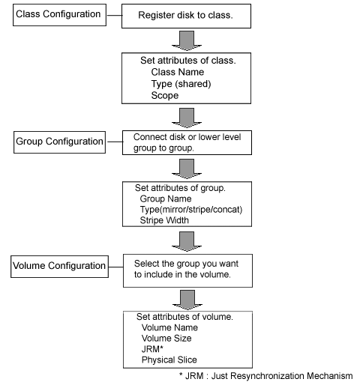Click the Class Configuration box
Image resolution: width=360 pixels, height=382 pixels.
coord(59,15)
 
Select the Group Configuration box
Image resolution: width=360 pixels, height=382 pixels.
coord(59,142)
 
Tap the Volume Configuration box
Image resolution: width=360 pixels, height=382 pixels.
coord(59,267)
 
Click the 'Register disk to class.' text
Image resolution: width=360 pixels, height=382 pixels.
coord(185,15)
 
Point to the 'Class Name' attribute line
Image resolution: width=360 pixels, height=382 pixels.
coord(178,72)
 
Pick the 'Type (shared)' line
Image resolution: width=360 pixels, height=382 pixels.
coord(181,84)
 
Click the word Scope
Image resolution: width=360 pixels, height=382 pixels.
coord(165,95)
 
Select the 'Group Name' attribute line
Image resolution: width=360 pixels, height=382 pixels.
coord(166,198)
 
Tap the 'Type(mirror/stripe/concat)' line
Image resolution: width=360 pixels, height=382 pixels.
coord(191,210)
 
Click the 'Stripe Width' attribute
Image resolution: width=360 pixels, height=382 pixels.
coord(164,220)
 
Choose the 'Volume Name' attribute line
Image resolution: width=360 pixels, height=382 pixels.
coord(169,327)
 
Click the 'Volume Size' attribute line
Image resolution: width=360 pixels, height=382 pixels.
coord(166,339)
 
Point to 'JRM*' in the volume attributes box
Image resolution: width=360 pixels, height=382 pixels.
coord(152,349)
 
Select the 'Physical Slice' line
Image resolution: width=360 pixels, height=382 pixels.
coord(169,360)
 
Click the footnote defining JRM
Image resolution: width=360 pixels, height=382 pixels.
coord(266,376)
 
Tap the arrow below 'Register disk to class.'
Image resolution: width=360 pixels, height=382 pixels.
coord(187,40)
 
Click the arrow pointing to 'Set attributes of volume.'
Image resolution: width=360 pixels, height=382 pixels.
coord(187,300)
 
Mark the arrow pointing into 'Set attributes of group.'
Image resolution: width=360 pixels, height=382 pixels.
coord(187,169)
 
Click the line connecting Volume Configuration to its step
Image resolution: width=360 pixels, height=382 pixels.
coord(116,267)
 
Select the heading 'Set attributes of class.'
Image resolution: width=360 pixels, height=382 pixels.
coord(188,61)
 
